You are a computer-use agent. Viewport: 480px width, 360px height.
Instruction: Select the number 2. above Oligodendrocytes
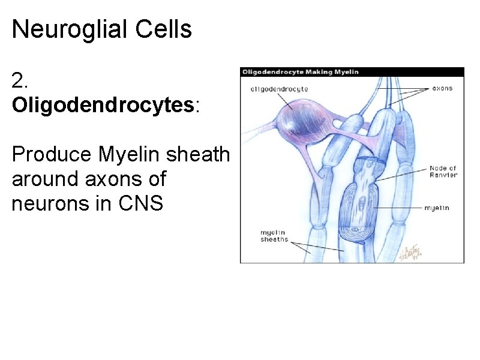(x=19, y=80)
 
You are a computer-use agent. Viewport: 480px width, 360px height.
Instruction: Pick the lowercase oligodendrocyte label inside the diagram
(x=279, y=89)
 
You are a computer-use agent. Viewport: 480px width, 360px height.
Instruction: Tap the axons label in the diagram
(x=443, y=88)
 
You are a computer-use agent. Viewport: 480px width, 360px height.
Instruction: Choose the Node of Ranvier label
(x=443, y=172)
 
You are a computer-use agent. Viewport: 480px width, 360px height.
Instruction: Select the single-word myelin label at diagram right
(x=437, y=208)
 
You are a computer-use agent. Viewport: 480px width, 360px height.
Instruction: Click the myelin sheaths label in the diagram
(x=274, y=236)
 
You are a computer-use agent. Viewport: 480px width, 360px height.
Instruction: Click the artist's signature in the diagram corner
(x=412, y=253)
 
